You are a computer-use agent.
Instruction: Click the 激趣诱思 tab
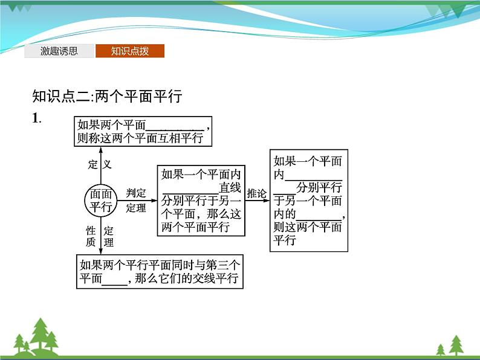(x=59, y=51)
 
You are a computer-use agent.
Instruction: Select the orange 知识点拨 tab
(x=130, y=51)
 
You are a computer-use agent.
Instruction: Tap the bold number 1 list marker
(x=36, y=118)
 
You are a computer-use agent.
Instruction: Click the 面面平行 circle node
(x=101, y=200)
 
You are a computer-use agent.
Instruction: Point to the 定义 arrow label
(x=100, y=164)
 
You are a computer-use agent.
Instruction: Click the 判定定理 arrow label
(x=136, y=200)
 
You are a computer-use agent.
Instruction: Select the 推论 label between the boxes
(x=256, y=193)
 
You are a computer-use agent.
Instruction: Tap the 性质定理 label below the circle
(x=100, y=236)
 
